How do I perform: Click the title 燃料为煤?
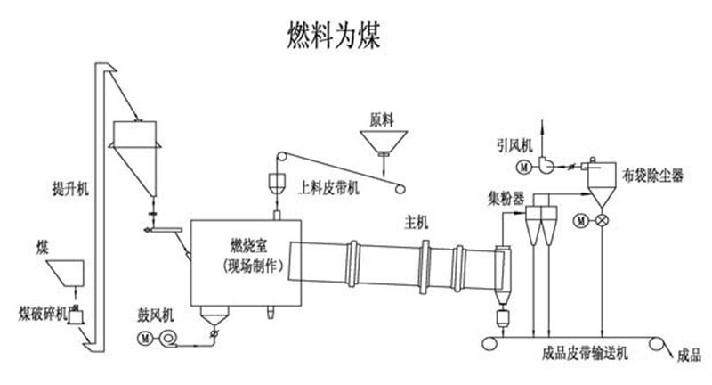click(x=335, y=34)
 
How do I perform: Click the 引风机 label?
click(x=514, y=143)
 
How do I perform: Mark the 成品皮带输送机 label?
click(x=585, y=355)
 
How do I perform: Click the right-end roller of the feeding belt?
click(x=401, y=187)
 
